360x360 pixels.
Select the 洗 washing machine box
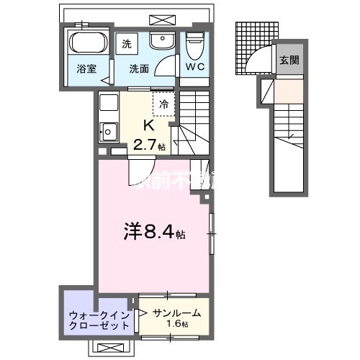(127, 42)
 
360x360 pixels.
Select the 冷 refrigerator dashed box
(163, 103)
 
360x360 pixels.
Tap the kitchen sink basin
(109, 132)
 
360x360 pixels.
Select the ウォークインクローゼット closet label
(99, 320)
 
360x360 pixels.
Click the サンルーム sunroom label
(176, 313)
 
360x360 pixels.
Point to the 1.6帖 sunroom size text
(178, 325)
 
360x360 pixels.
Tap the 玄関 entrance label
(289, 60)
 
